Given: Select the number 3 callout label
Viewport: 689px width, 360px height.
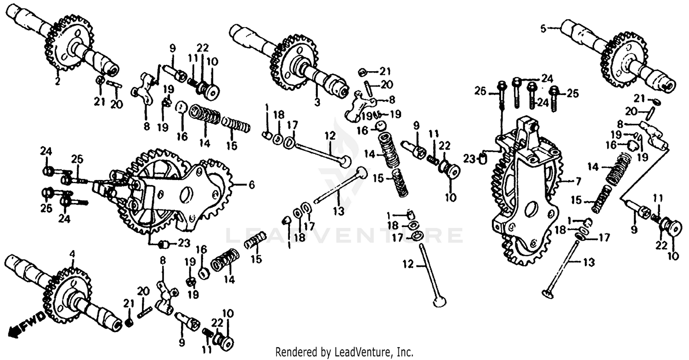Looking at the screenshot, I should (316, 102).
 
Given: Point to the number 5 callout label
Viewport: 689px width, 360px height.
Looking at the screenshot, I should (543, 28).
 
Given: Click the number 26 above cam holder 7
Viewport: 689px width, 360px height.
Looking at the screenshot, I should (480, 91).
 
